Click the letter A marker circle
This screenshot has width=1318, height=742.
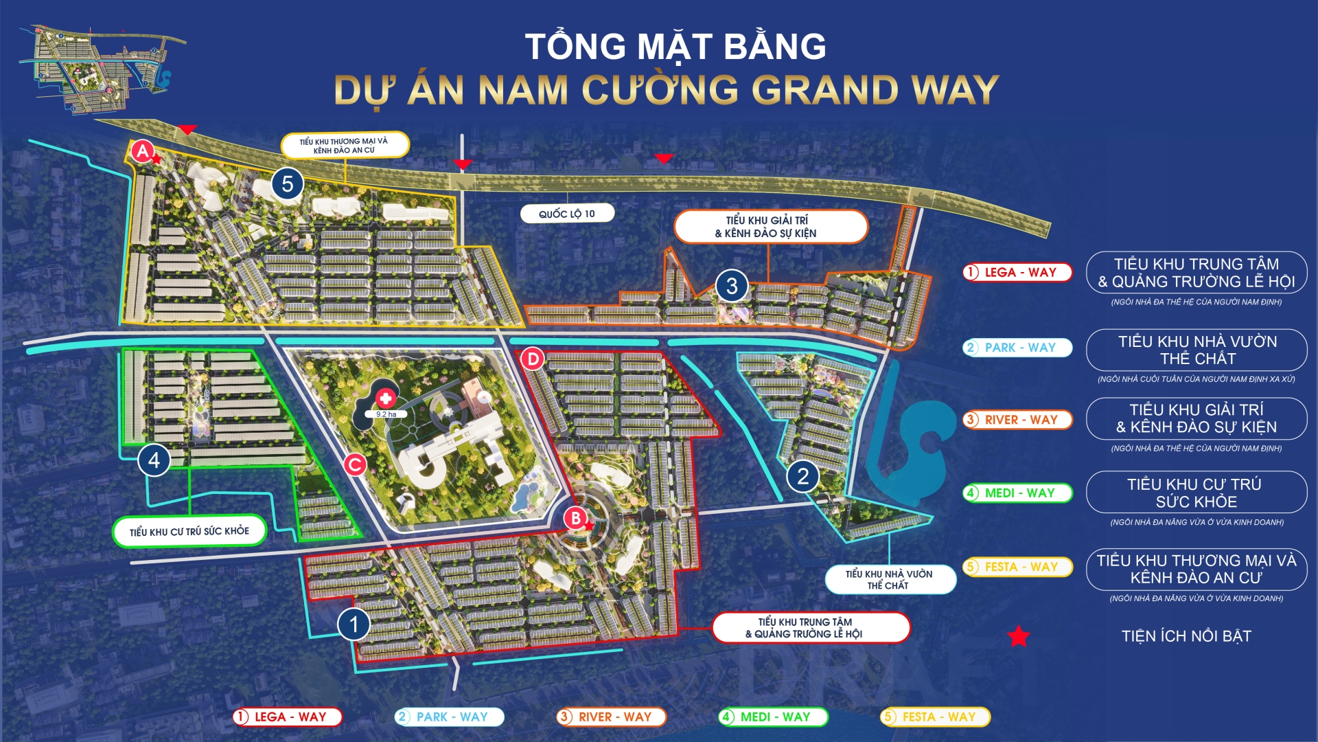click(142, 151)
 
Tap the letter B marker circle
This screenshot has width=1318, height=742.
click(576, 518)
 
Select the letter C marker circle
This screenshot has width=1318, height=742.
click(355, 465)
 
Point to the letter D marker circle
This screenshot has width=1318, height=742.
click(533, 359)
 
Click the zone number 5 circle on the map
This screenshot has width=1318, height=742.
click(287, 184)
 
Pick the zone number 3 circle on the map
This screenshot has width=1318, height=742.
click(732, 286)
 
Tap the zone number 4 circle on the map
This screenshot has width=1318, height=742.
click(154, 460)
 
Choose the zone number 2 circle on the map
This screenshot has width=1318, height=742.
click(802, 476)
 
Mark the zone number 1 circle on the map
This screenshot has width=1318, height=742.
click(354, 625)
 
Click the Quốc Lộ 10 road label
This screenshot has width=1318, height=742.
click(567, 214)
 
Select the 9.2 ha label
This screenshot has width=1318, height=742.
click(386, 414)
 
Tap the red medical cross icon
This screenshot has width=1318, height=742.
click(386, 398)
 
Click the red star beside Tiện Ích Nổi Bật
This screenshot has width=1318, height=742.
click(1018, 637)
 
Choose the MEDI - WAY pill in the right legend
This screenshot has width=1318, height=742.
click(1017, 493)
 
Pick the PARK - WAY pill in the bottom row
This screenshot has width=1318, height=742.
click(450, 717)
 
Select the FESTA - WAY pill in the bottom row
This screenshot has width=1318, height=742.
click(936, 717)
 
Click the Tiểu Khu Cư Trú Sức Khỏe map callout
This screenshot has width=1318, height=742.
click(189, 532)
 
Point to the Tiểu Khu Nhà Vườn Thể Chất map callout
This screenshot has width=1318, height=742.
click(890, 579)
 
